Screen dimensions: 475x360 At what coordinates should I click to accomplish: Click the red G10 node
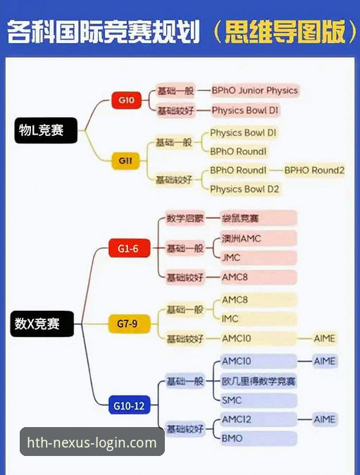click(127, 100)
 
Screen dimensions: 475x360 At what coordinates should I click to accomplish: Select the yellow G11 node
click(126, 161)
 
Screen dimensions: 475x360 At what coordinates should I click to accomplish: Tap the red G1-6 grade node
click(129, 247)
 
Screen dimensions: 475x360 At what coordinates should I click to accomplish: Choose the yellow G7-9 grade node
click(128, 324)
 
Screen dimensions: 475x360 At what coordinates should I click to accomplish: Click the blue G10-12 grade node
click(129, 405)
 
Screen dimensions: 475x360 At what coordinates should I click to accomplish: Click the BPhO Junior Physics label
click(254, 90)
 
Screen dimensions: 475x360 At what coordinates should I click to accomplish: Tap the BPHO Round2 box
click(314, 170)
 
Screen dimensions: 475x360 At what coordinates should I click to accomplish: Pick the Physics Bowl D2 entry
click(244, 189)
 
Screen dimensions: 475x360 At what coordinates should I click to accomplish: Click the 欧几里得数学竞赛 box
click(259, 381)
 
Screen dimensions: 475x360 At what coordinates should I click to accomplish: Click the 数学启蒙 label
click(184, 218)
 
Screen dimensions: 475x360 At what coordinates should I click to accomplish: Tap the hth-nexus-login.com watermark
click(92, 443)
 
